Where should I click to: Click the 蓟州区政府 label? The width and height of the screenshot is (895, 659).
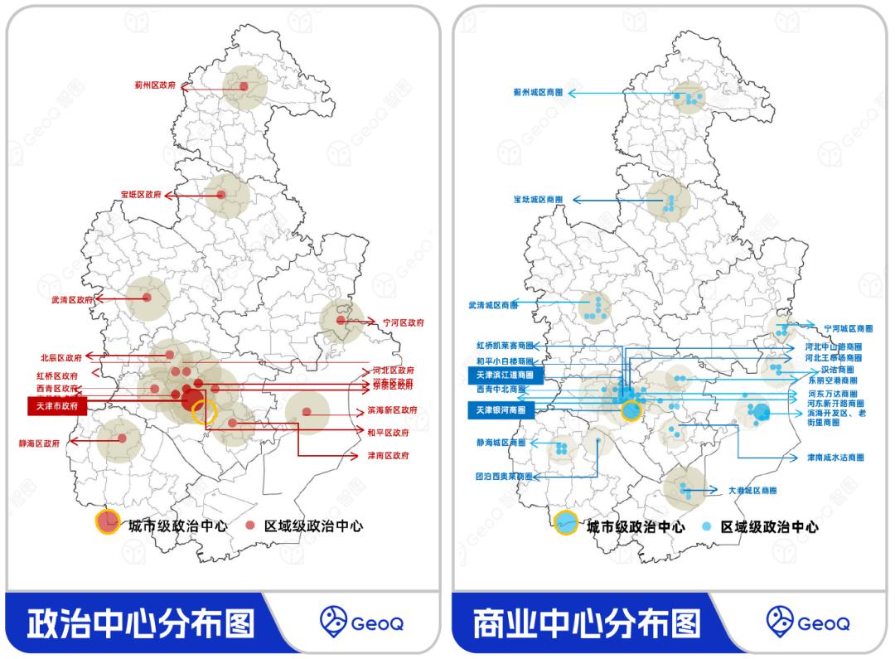pos(155,85)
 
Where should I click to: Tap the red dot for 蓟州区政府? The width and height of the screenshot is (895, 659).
pos(244,86)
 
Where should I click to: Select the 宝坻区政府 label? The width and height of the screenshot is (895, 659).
pos(141,196)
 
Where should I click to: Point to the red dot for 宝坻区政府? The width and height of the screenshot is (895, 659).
pos(221,195)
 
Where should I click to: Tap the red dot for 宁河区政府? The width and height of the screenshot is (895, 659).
pos(341,320)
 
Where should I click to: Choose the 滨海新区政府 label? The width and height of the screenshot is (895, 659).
pos(392,410)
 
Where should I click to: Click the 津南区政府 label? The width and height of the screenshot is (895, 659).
pos(389,456)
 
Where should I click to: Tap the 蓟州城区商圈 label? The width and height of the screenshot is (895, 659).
pos(538,93)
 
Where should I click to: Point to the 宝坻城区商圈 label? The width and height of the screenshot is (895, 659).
pos(538,200)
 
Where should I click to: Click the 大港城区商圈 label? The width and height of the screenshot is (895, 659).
pos(752,491)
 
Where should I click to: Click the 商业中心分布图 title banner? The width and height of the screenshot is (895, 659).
pos(587,623)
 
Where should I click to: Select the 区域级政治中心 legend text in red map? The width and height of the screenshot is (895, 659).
pos(313,526)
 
